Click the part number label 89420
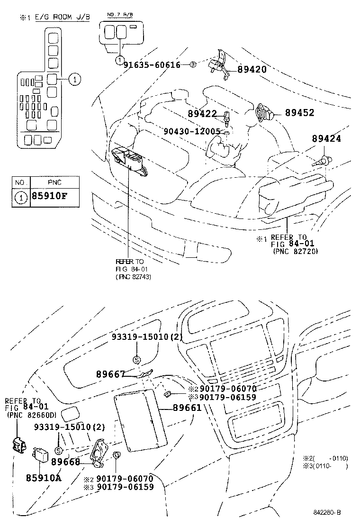252,69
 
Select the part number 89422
202,114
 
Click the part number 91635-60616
152,64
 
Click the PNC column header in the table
54,182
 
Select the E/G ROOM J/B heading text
59,18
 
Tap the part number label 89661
187,408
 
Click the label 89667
110,374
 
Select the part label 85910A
44,477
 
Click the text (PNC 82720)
295,251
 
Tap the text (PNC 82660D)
31,415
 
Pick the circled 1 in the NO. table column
21,198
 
